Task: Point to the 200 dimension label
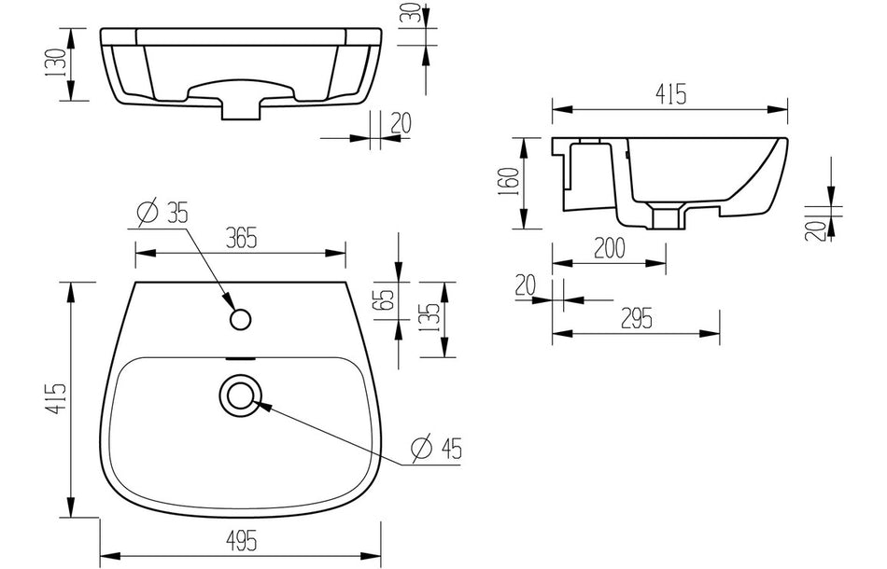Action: coord(608,249)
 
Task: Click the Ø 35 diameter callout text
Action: coord(162,213)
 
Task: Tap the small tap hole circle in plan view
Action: coord(241,320)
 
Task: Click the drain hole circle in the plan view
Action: coord(241,395)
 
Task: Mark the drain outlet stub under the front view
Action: coord(242,109)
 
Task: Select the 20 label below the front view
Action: coord(402,122)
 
